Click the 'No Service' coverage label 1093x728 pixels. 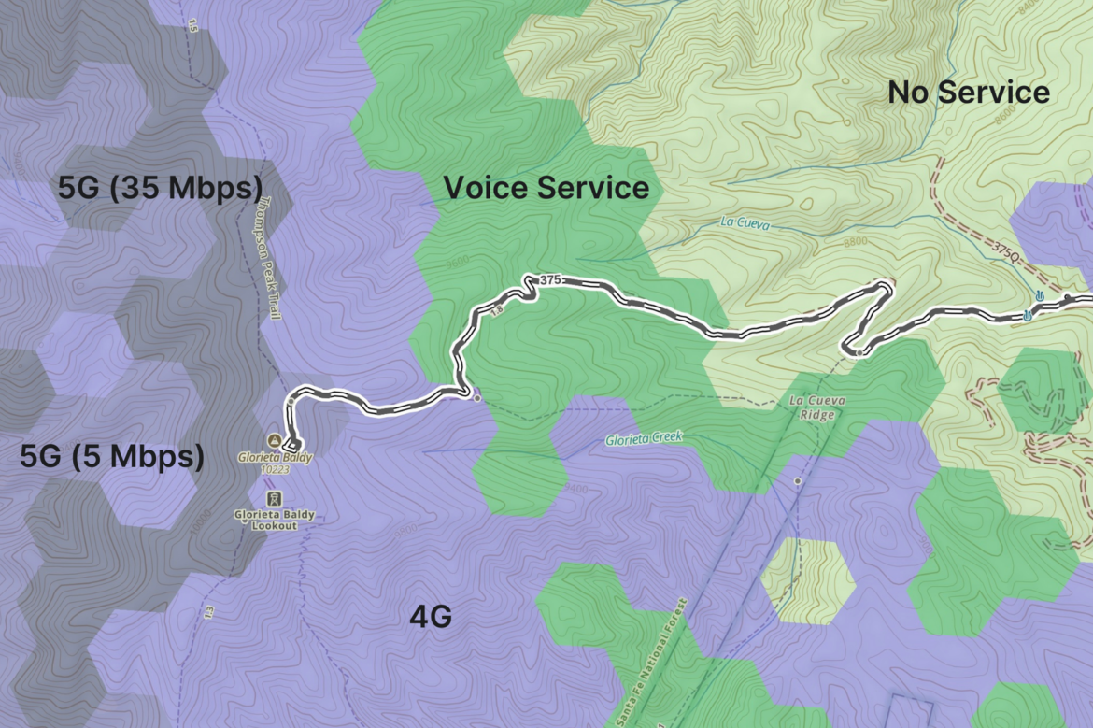968,93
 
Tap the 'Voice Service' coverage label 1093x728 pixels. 546,188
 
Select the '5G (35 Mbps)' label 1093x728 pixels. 159,188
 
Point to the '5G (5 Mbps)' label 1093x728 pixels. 112,457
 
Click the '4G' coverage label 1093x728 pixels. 431,617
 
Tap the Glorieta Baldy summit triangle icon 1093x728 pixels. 274,439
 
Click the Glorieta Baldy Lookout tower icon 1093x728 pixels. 274,498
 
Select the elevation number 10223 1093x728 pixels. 274,470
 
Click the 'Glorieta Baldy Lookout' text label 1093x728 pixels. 274,520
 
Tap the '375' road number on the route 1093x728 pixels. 550,279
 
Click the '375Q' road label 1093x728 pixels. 1006,250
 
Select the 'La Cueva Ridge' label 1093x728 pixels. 816,407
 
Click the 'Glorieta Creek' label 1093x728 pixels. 644,437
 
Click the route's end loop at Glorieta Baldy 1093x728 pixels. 293,444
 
